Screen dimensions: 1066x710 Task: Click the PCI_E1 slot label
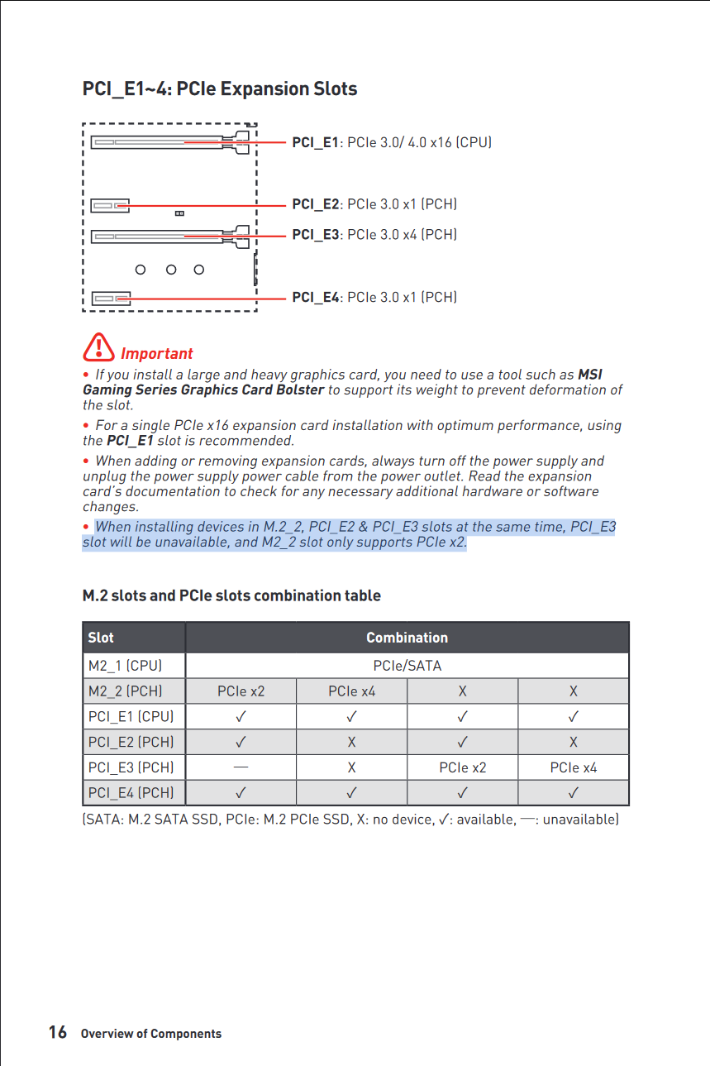pos(315,142)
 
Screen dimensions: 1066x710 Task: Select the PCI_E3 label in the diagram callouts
pos(315,235)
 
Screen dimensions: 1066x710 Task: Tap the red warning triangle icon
pos(98,347)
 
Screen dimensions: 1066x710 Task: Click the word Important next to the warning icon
pos(156,354)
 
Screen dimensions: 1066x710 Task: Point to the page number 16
pos(57,1032)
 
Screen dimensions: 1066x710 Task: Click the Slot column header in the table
pos(101,638)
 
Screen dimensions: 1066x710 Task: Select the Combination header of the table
pos(407,638)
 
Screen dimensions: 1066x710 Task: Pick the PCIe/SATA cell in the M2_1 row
pos(407,666)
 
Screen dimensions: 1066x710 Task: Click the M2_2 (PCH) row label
pos(125,691)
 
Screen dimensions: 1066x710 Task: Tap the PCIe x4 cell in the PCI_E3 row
pos(573,767)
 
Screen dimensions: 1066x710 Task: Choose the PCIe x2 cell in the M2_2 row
pos(241,691)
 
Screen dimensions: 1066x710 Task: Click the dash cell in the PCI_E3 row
pos(241,767)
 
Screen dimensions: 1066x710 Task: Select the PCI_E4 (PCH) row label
pos(131,793)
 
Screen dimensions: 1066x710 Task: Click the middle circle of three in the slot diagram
pos(171,270)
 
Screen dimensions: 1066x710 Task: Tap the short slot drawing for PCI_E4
pos(110,298)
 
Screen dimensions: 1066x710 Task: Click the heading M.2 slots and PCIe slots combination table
pos(231,595)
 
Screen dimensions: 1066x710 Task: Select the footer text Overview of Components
pos(151,1034)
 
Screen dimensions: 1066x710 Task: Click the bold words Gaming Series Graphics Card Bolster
pos(203,390)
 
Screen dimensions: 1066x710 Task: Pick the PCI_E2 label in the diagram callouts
pos(315,204)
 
